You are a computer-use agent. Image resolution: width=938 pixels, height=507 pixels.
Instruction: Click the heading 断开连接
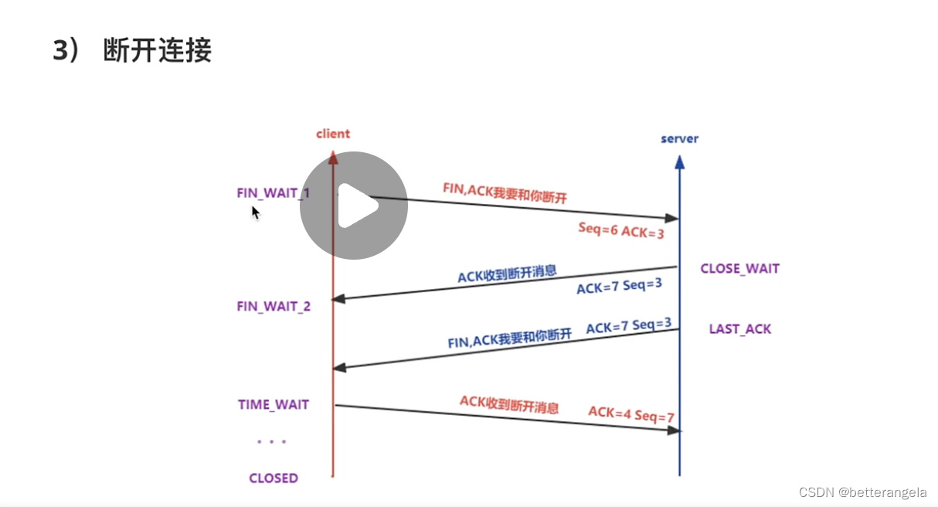tap(157, 50)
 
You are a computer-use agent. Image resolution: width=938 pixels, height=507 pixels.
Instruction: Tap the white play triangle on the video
tap(356, 206)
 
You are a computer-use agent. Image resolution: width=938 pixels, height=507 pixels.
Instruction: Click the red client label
tap(333, 134)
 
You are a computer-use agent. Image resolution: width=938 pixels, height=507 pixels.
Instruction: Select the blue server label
tap(679, 139)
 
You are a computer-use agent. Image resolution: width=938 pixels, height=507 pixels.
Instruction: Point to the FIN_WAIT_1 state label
tap(273, 192)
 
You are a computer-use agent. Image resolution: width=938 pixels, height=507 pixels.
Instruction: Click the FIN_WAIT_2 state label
tap(274, 306)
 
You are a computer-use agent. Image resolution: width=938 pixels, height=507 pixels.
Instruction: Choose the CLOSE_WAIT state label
tap(739, 269)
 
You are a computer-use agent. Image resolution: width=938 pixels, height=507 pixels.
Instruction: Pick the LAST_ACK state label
tap(739, 329)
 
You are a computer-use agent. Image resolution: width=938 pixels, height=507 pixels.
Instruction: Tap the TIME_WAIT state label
tap(273, 404)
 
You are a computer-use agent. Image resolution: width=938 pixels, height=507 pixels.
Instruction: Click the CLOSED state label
tap(273, 478)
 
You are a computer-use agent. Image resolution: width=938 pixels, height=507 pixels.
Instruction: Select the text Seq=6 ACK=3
tap(620, 230)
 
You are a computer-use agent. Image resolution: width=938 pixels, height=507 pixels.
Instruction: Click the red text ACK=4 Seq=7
tap(631, 414)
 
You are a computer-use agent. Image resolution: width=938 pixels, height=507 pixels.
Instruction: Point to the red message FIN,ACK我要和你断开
tap(505, 193)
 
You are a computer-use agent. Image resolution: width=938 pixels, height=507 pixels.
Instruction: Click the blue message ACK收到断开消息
tap(507, 274)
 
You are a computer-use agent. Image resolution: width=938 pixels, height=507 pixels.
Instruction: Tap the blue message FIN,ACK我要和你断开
tap(510, 337)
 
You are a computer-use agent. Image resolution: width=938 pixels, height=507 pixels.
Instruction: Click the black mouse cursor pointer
tap(255, 212)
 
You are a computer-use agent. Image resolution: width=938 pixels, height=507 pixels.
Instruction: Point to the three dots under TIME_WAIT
tap(271, 442)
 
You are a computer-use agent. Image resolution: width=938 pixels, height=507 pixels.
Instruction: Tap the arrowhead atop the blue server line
tap(679, 162)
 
